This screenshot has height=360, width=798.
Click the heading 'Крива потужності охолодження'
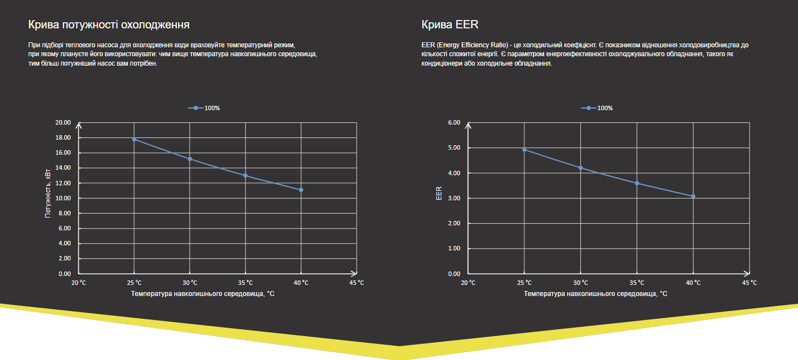tap(109, 25)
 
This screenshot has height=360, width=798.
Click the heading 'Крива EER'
tap(450, 25)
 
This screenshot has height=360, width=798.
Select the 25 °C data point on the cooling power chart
tap(134, 139)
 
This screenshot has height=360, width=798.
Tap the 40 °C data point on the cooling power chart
tap(301, 190)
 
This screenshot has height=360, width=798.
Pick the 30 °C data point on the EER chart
tap(581, 168)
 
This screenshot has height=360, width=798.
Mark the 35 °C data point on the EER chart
tap(637, 183)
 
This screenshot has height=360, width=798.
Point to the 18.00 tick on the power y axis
tap(63, 137)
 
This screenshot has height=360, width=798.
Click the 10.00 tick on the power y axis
tap(63, 198)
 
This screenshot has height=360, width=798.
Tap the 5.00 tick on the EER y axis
tap(454, 148)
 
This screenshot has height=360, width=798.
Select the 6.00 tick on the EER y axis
tap(454, 122)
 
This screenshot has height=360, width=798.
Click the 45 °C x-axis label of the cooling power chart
tap(357, 283)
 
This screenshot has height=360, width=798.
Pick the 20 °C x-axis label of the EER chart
tap(469, 283)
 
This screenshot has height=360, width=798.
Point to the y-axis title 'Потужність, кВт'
tap(48, 191)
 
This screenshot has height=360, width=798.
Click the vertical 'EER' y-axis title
tap(439, 193)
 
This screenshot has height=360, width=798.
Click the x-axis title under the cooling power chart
tap(203, 293)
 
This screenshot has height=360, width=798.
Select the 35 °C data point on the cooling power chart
tap(245, 175)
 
